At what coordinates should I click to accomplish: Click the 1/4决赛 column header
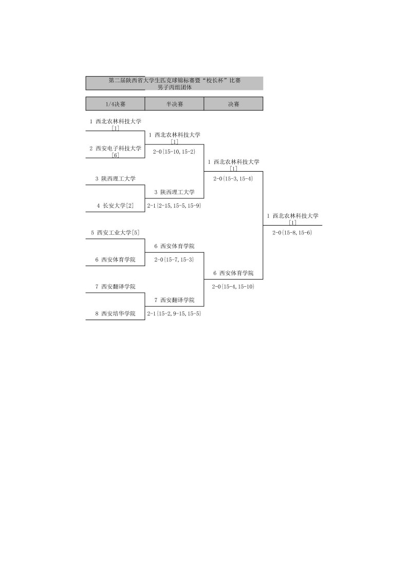pyautogui.click(x=115, y=104)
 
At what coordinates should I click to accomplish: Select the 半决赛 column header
pyautogui.click(x=174, y=104)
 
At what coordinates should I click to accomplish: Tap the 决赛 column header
pyautogui.click(x=233, y=104)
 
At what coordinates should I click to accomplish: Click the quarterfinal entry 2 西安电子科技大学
pyautogui.click(x=115, y=148)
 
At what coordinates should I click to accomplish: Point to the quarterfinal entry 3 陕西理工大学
pyautogui.click(x=115, y=179)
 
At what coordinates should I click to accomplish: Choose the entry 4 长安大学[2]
pyautogui.click(x=115, y=206)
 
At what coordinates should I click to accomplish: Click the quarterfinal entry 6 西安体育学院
pyautogui.click(x=115, y=259)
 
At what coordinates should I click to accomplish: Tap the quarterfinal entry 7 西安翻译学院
pyautogui.click(x=115, y=286)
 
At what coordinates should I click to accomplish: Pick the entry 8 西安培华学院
pyautogui.click(x=115, y=313)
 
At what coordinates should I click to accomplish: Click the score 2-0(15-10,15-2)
pyautogui.click(x=174, y=152)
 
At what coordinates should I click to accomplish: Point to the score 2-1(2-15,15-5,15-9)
pyautogui.click(x=174, y=206)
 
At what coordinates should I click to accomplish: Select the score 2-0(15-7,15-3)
pyautogui.click(x=174, y=259)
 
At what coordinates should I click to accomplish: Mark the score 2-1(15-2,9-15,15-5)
pyautogui.click(x=174, y=313)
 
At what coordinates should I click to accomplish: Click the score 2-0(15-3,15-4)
pyautogui.click(x=233, y=178)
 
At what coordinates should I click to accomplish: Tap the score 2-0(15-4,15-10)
pyautogui.click(x=233, y=286)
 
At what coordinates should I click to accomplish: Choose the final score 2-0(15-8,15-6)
pyautogui.click(x=292, y=232)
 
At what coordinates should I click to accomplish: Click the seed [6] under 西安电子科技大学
pyautogui.click(x=115, y=155)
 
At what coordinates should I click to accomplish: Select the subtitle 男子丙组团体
pyautogui.click(x=174, y=87)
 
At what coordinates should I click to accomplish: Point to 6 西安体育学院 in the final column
pyautogui.click(x=233, y=273)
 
